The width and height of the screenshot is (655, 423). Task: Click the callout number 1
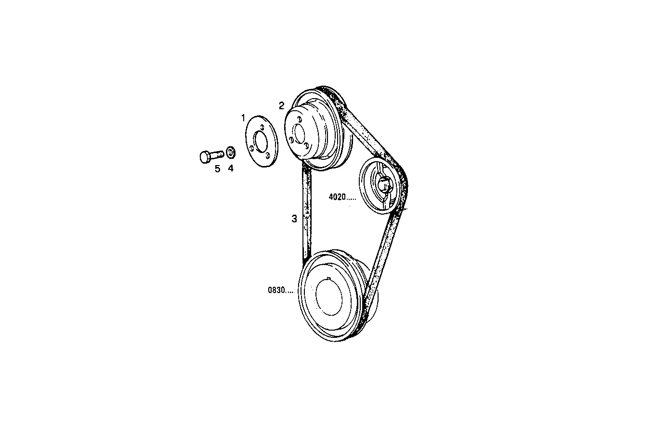[x=244, y=117]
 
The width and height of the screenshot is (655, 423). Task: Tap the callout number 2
[x=282, y=106]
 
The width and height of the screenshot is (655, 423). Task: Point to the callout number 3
[x=294, y=219]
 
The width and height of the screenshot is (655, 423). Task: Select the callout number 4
[x=231, y=168]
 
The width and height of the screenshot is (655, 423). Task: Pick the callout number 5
[x=217, y=168]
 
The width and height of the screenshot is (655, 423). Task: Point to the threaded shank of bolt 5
[x=217, y=154]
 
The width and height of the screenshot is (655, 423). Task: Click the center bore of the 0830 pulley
[x=330, y=296]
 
